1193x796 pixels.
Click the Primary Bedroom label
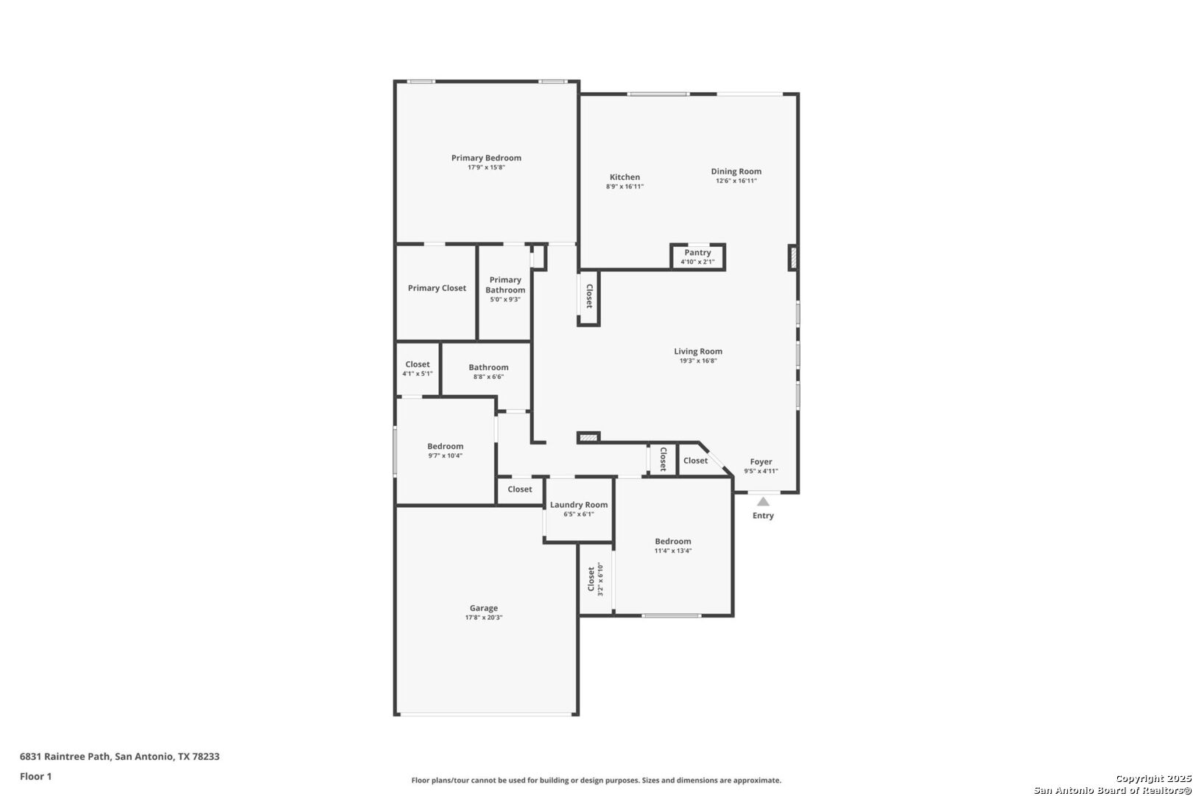[486, 158]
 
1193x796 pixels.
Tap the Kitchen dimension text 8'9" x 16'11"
[624, 186]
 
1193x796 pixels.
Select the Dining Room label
[736, 171]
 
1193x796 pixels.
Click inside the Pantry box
[697, 257]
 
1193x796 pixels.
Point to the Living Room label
[698, 352]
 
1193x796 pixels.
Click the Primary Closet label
[437, 288]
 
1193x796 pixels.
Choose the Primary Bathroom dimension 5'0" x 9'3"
[505, 300]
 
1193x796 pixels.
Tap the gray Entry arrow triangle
[763, 502]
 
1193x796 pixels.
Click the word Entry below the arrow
[763, 516]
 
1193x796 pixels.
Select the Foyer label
[761, 461]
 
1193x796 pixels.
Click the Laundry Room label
[579, 505]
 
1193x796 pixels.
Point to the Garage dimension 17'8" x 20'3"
[484, 618]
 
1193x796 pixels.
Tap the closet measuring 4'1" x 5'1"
[418, 369]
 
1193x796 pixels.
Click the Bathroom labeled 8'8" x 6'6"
[488, 371]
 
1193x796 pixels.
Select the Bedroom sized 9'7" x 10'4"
[446, 450]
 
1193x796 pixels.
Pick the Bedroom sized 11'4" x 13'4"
[673, 546]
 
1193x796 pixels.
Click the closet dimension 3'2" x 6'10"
[601, 579]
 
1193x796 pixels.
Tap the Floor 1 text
[35, 776]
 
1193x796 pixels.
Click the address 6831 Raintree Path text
[66, 756]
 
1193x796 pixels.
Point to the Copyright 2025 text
[1153, 778]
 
